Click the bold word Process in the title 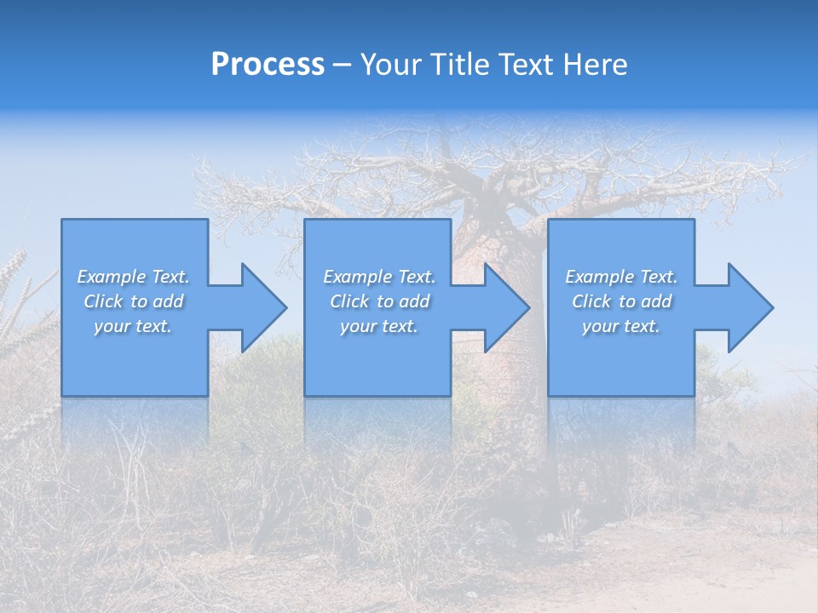268,65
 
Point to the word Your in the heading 391,65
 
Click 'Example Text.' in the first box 134,277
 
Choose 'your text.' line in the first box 134,326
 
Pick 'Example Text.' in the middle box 379,277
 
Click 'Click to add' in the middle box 379,301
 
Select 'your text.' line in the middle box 379,326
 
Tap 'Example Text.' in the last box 621,277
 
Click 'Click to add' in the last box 621,301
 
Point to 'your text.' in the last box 621,326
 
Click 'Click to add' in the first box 134,301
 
